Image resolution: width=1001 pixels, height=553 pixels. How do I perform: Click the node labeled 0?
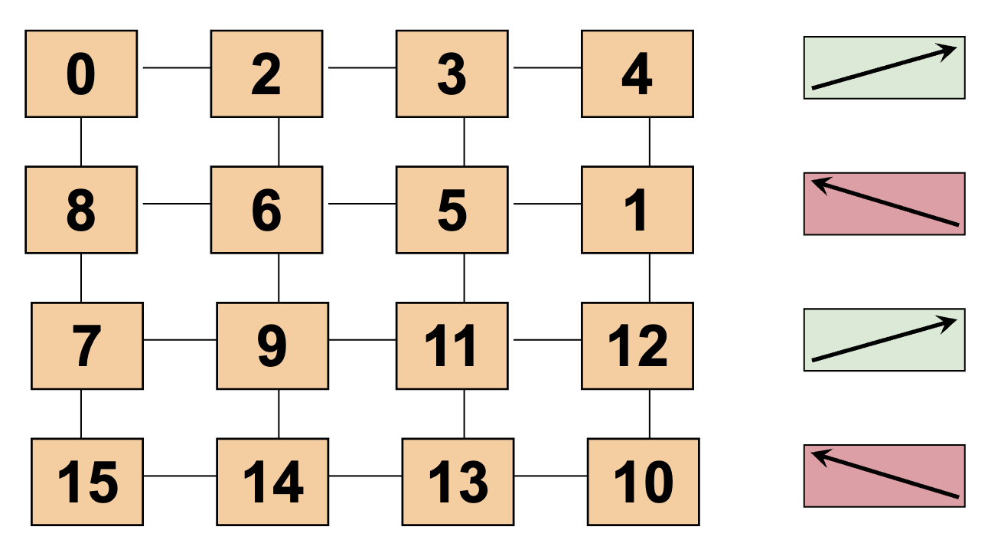[81, 74]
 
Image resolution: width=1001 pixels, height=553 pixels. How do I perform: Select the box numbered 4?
[637, 74]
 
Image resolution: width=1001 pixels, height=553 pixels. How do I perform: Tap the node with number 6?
[266, 210]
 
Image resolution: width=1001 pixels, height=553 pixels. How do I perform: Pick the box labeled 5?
[452, 210]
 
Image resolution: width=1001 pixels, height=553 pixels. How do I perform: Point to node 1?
[637, 210]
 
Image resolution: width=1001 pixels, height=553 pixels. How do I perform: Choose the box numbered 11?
[452, 345]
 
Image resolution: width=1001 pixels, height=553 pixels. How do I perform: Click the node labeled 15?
[87, 482]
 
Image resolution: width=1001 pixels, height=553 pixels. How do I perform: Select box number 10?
[644, 482]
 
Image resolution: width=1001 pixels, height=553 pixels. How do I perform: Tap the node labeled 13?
[458, 482]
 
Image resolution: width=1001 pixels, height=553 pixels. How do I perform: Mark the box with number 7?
[87, 345]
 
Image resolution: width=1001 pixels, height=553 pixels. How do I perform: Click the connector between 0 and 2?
[175, 67]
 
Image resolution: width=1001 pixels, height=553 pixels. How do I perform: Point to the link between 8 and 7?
[81, 277]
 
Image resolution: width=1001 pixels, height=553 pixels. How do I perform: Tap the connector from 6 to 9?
[279, 277]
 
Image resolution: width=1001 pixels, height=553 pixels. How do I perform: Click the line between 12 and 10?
[650, 414]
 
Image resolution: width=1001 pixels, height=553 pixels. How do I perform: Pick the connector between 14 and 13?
[366, 476]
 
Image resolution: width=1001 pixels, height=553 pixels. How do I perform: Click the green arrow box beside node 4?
[884, 67]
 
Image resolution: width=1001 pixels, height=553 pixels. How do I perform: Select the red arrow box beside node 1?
[884, 204]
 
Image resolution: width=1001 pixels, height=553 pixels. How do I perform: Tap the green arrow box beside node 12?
[884, 339]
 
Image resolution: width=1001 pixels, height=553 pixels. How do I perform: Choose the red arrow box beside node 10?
[884, 476]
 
